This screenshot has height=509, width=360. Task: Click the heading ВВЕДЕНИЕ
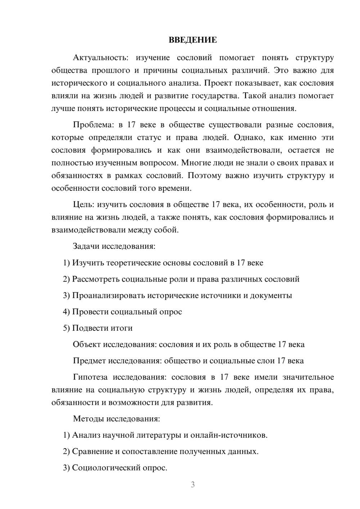[x=193, y=40]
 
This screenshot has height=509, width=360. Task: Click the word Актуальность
[x=99, y=58]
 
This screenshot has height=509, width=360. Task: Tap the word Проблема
[x=93, y=125]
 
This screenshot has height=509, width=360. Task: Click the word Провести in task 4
[x=90, y=312]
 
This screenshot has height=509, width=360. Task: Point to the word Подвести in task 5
[x=91, y=328]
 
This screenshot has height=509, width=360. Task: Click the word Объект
[x=87, y=344]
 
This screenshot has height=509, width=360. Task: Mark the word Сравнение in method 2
[x=92, y=451]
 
